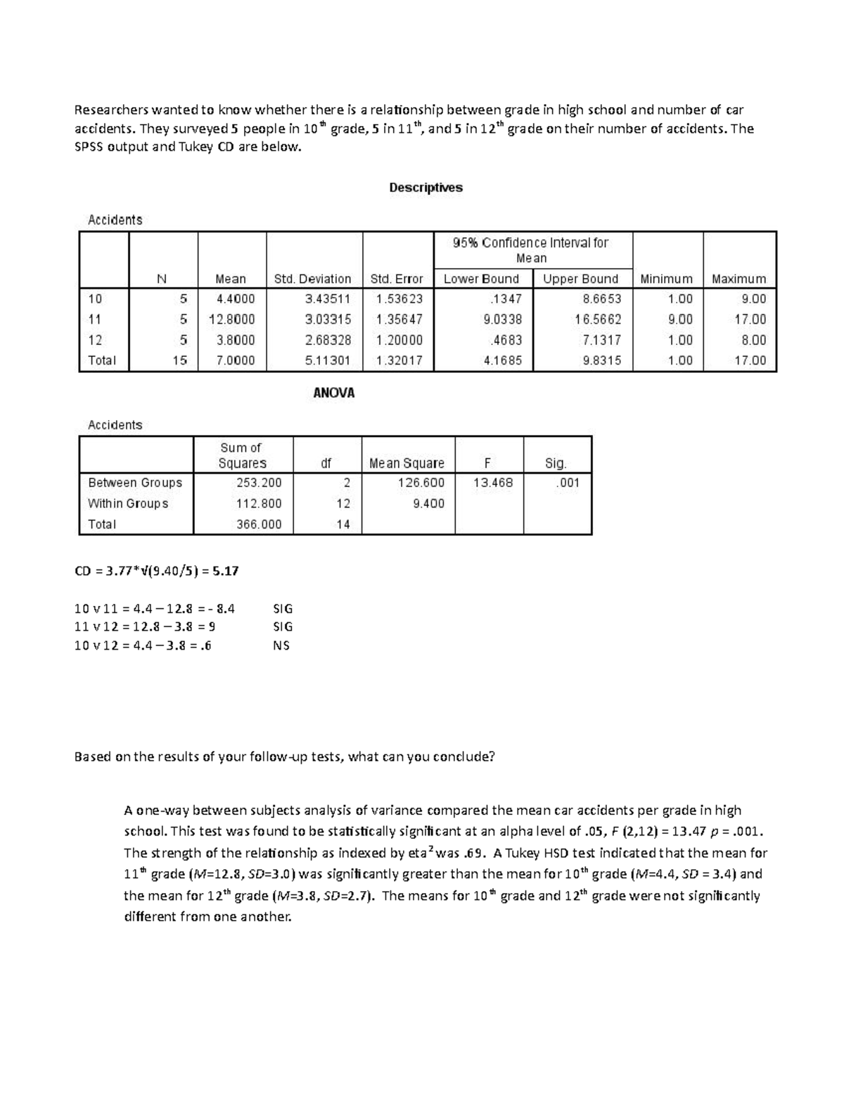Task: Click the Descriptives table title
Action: pyautogui.click(x=426, y=187)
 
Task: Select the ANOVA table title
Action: pyautogui.click(x=333, y=393)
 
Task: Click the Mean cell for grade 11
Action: pyautogui.click(x=232, y=319)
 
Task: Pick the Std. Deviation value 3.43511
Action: pyautogui.click(x=328, y=298)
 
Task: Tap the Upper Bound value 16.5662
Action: pyautogui.click(x=597, y=319)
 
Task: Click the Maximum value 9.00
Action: pyautogui.click(x=753, y=298)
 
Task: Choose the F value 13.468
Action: pyautogui.click(x=493, y=483)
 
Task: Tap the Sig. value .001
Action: pyautogui.click(x=567, y=483)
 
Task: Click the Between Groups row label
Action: pyautogui.click(x=135, y=483)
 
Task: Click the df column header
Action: pyautogui.click(x=326, y=463)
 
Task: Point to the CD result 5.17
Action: pyautogui.click(x=226, y=571)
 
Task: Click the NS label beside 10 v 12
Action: pyautogui.click(x=281, y=645)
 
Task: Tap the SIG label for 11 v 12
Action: pyautogui.click(x=283, y=626)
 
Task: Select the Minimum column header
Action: pyautogui.click(x=666, y=279)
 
